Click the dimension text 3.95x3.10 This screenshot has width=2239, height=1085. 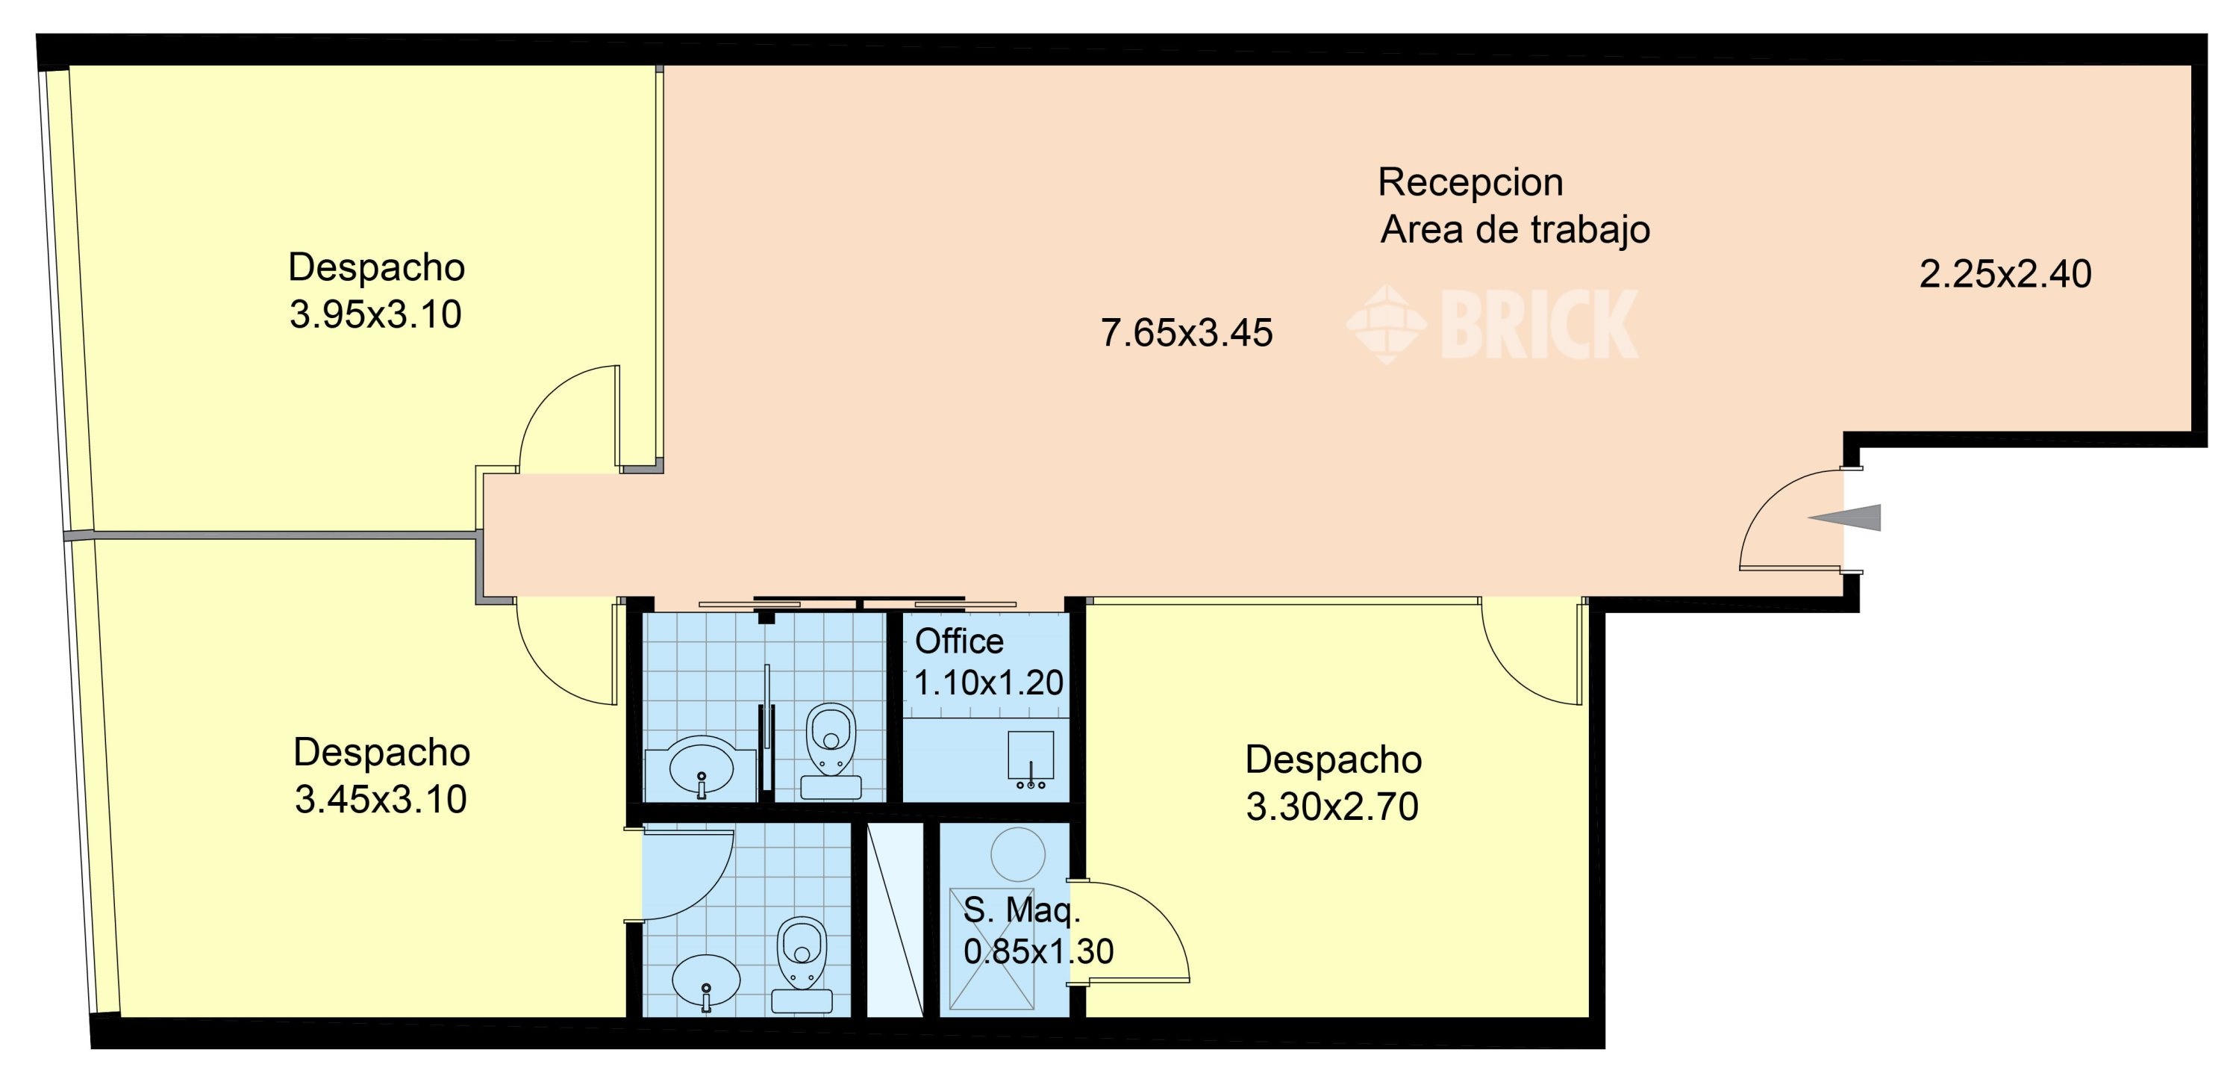coord(375,314)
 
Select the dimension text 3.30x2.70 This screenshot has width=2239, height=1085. coord(1331,806)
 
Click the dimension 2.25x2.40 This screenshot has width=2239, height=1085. coord(2005,275)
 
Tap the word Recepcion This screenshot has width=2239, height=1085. coord(1470,182)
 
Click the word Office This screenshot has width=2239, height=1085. coord(959,641)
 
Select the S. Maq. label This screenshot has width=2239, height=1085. coord(1021,910)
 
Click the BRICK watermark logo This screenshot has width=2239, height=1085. coord(1493,323)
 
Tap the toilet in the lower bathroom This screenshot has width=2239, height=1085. coord(802,962)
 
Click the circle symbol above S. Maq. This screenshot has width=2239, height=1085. coord(1018,854)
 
